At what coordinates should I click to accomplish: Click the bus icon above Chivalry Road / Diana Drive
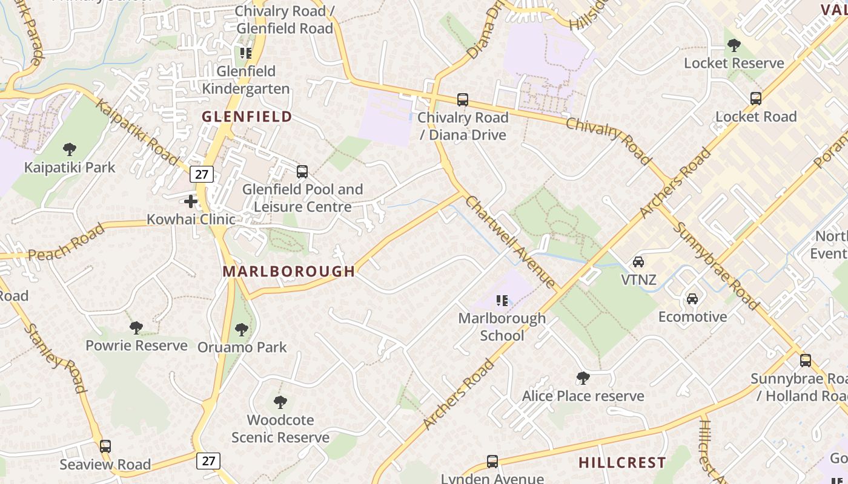463,100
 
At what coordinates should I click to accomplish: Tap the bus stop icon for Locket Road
755,99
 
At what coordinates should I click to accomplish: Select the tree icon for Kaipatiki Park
70,149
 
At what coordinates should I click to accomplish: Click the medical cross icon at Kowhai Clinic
191,201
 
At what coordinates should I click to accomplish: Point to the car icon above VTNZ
638,262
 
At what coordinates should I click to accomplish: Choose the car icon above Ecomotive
692,299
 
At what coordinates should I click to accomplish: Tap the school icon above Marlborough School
502,301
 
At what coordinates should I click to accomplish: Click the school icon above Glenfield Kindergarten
245,53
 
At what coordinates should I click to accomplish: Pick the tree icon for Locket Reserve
734,45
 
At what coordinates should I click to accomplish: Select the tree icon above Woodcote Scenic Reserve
280,402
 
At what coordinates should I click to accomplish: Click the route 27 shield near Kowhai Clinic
202,175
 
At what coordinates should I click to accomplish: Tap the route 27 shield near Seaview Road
208,461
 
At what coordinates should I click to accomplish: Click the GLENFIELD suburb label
247,117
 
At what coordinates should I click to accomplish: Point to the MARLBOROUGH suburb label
288,272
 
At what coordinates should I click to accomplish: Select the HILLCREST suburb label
622,463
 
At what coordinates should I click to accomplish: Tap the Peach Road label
67,243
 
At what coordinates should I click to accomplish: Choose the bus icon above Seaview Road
105,446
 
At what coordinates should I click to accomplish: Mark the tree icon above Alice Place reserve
583,378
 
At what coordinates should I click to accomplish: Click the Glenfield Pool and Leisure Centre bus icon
302,172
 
